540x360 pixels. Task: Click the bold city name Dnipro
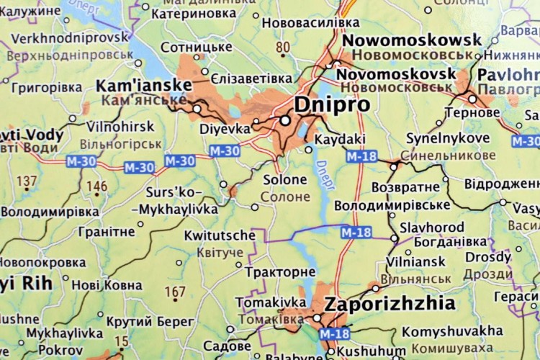click(x=332, y=104)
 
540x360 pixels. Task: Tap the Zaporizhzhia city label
click(x=390, y=303)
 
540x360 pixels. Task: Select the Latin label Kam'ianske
click(x=144, y=86)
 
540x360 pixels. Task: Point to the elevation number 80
click(x=283, y=48)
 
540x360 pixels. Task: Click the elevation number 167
click(x=175, y=292)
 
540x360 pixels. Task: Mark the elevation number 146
click(x=96, y=186)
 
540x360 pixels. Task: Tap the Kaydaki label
click(x=341, y=138)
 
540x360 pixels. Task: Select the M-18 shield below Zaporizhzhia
click(x=334, y=333)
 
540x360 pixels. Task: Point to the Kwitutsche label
click(x=220, y=235)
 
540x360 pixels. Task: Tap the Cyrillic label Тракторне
click(x=280, y=272)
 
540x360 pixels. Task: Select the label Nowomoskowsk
click(x=411, y=40)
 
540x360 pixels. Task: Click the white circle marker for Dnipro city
click(x=285, y=121)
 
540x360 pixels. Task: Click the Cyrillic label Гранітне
click(x=103, y=231)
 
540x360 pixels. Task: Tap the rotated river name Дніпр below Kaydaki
click(x=325, y=171)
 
